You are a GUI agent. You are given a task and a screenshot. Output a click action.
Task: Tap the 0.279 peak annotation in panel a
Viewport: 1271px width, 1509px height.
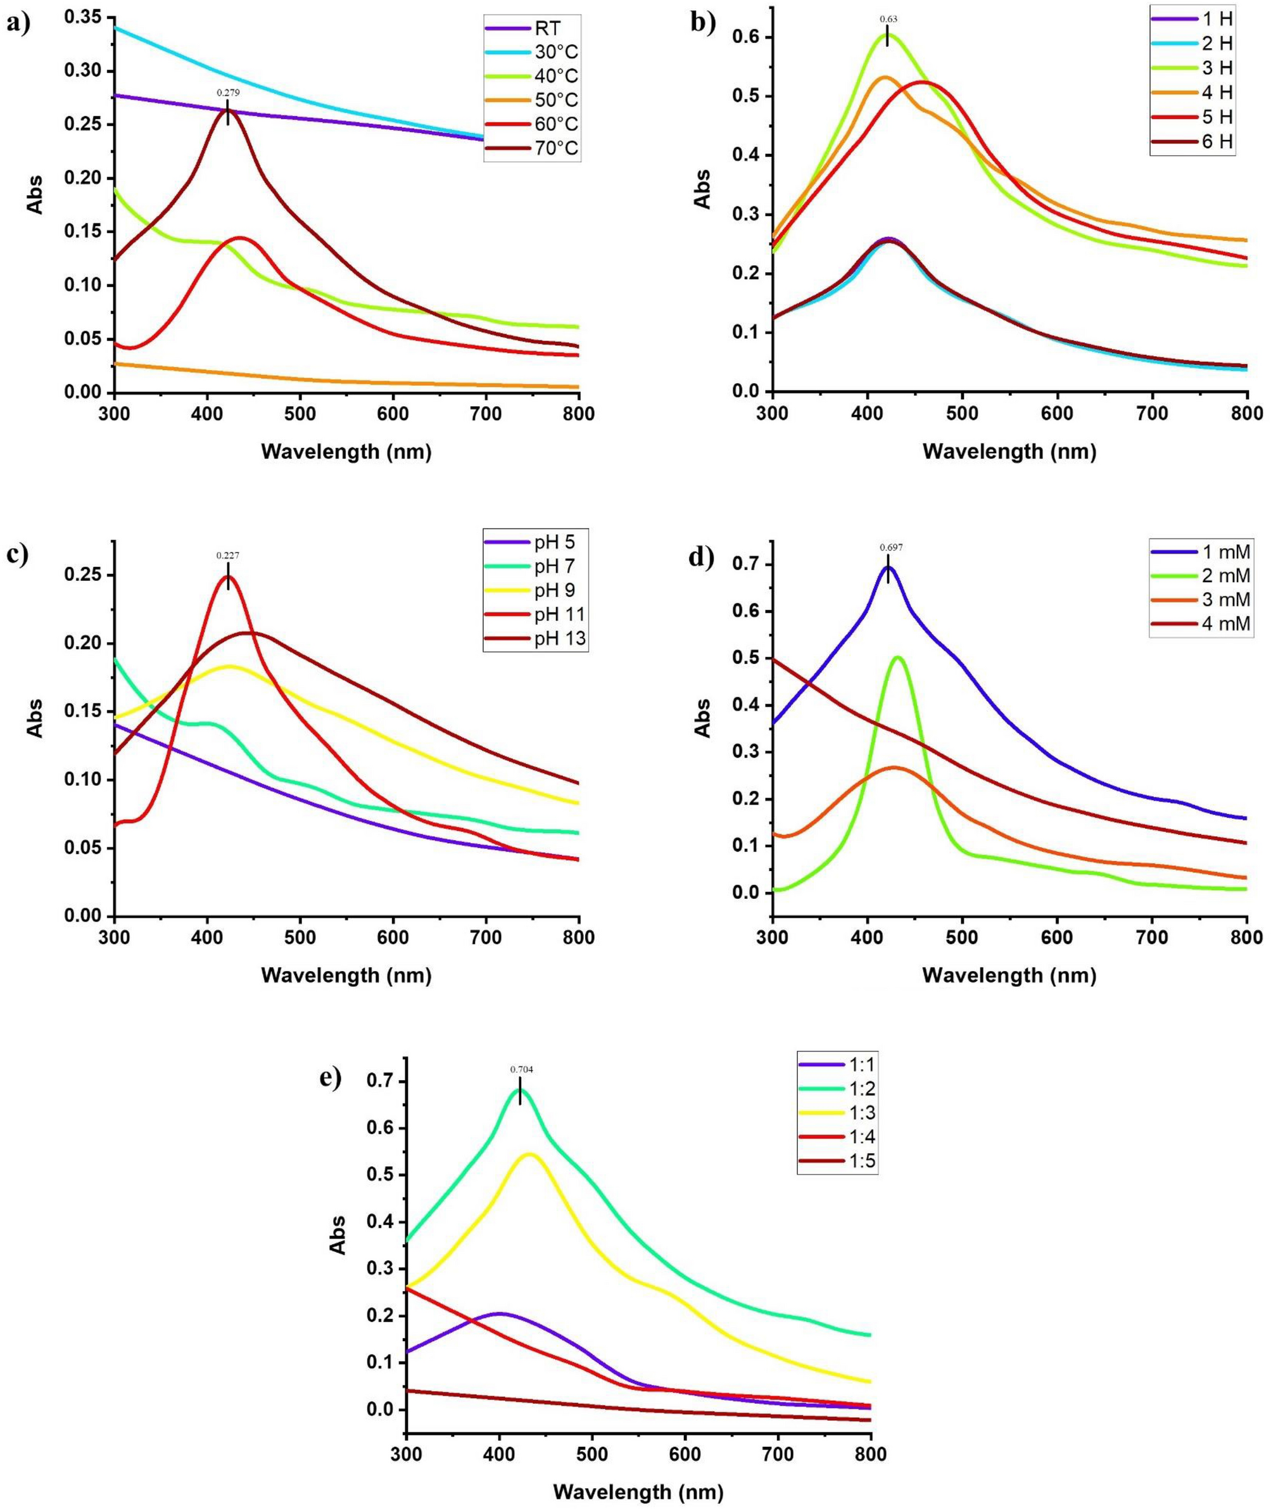228,93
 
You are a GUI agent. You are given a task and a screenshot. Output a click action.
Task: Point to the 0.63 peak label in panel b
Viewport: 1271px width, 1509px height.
888,20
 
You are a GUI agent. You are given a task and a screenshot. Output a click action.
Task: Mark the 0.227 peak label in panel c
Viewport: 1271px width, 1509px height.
228,556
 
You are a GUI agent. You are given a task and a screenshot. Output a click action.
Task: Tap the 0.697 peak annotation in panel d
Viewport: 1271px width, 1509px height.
890,548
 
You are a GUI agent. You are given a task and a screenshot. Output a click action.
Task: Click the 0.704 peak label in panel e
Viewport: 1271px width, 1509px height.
522,1069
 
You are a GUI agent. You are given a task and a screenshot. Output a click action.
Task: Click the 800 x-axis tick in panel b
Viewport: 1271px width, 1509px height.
1247,414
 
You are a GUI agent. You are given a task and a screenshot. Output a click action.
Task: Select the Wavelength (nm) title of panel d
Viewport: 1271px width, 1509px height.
1009,976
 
